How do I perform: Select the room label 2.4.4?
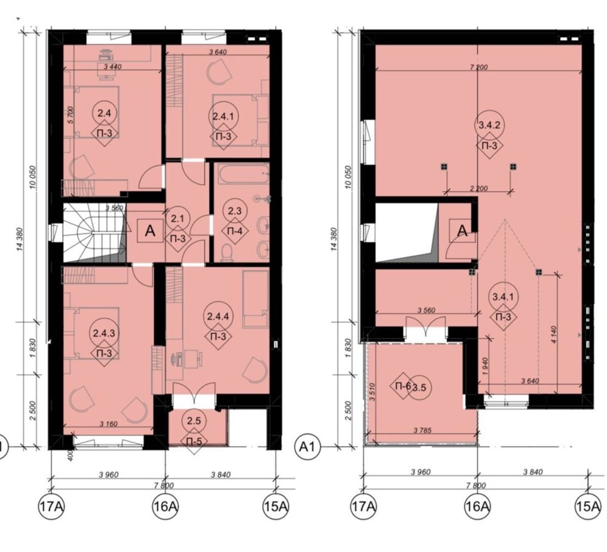pyautogui.click(x=218, y=317)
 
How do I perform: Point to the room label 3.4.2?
pyautogui.click(x=489, y=125)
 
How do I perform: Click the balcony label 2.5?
pyautogui.click(x=194, y=420)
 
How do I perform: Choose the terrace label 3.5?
pyautogui.click(x=419, y=387)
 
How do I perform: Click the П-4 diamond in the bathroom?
pyautogui.click(x=235, y=231)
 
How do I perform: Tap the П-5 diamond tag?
pyautogui.click(x=194, y=441)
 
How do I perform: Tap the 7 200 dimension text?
pyautogui.click(x=479, y=67)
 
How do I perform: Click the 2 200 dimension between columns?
pyautogui.click(x=479, y=188)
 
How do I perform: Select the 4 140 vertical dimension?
pyautogui.click(x=554, y=334)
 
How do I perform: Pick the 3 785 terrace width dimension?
pyautogui.click(x=422, y=430)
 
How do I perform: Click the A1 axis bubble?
pyautogui.click(x=308, y=447)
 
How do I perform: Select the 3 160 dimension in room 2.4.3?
pyautogui.click(x=108, y=424)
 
